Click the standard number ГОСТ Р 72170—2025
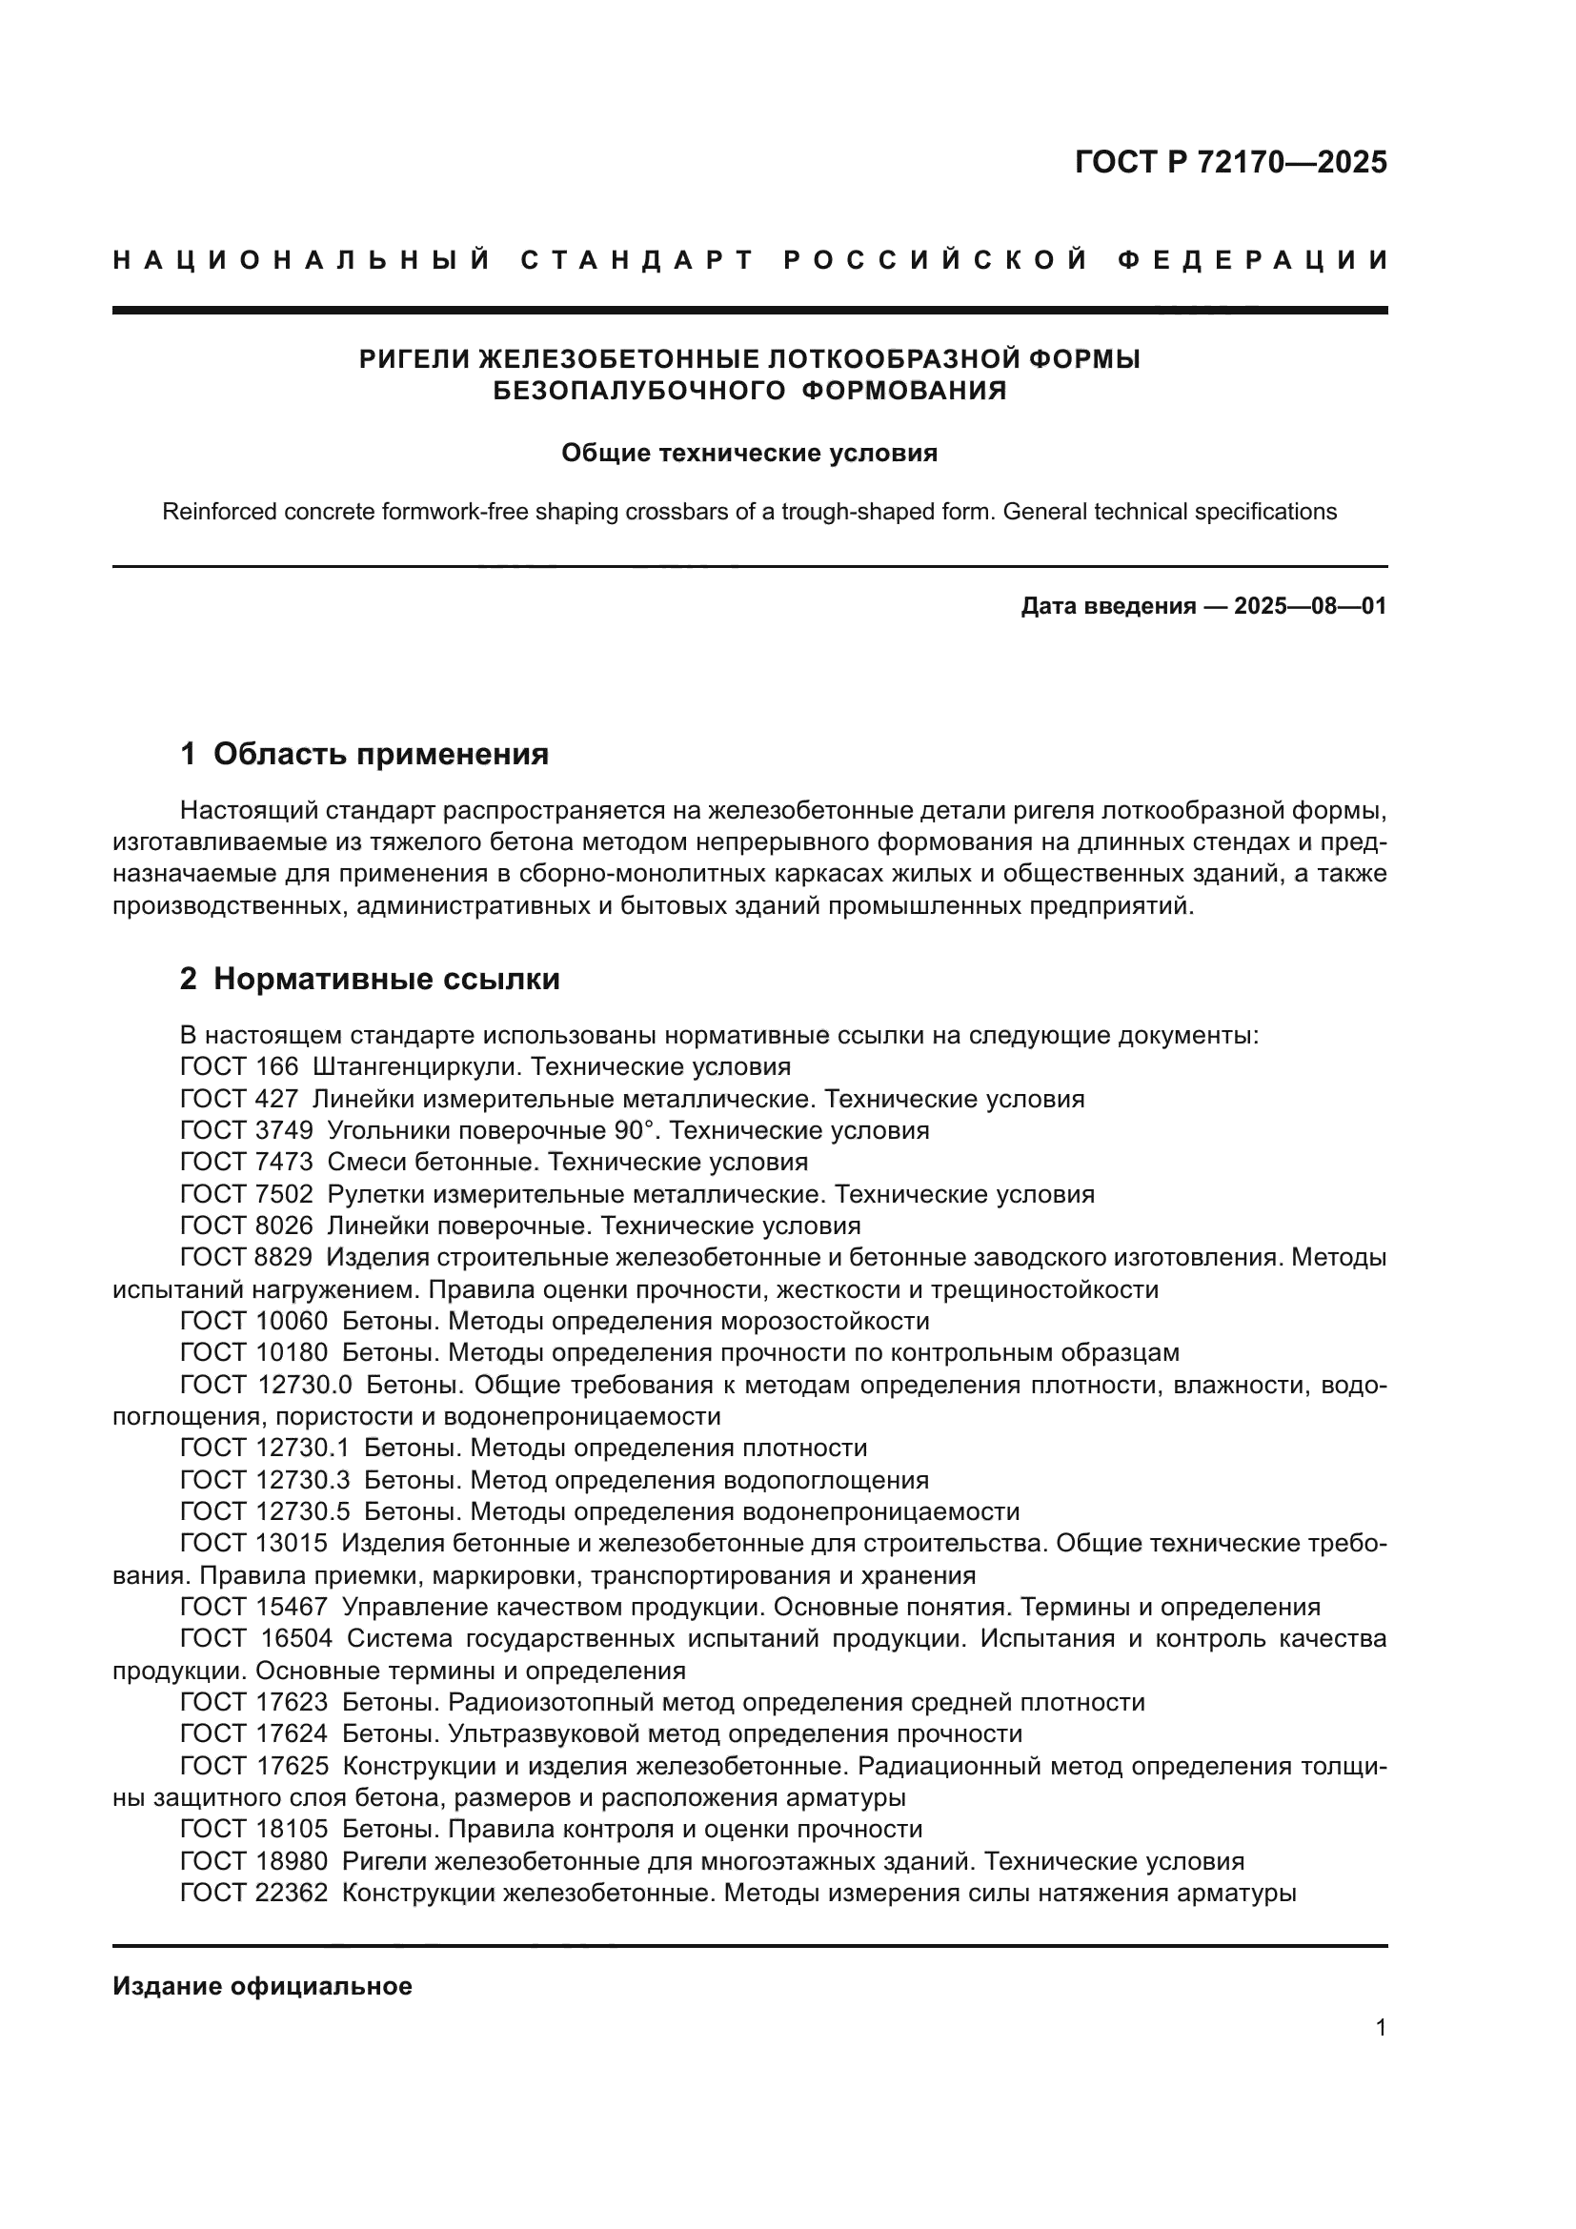[1230, 162]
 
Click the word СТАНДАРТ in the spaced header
[637, 260]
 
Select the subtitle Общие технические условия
[749, 454]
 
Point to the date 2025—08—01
[1310, 607]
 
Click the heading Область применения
[380, 755]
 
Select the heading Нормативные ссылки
[386, 980]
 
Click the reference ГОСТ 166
[239, 1067]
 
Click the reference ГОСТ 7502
[247, 1194]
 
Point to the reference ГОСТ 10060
[253, 1321]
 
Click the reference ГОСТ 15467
[253, 1607]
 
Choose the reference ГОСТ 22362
[253, 1893]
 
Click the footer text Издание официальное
[262, 1986]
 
